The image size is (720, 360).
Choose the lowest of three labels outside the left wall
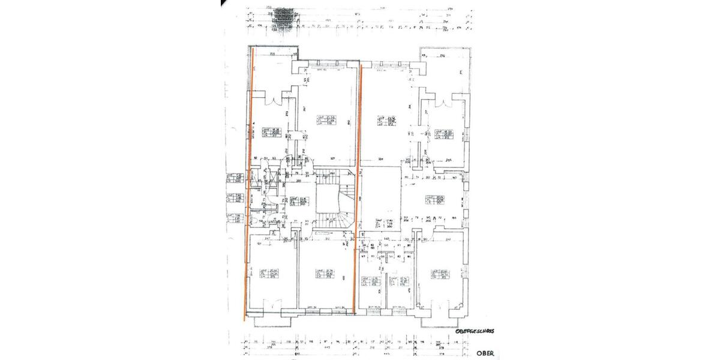point(234,218)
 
